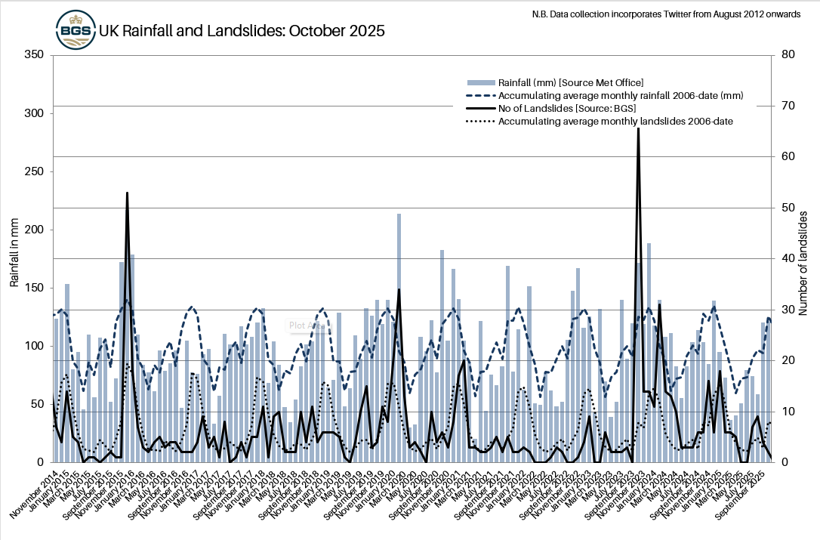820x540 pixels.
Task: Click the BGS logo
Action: pos(76,31)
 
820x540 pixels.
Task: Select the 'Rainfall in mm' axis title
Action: pos(14,258)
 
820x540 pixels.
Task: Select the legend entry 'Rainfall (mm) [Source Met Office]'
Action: pos(570,82)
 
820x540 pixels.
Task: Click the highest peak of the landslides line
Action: pos(638,129)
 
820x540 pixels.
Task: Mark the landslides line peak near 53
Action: pos(127,193)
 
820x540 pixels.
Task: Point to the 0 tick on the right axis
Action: pos(778,462)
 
